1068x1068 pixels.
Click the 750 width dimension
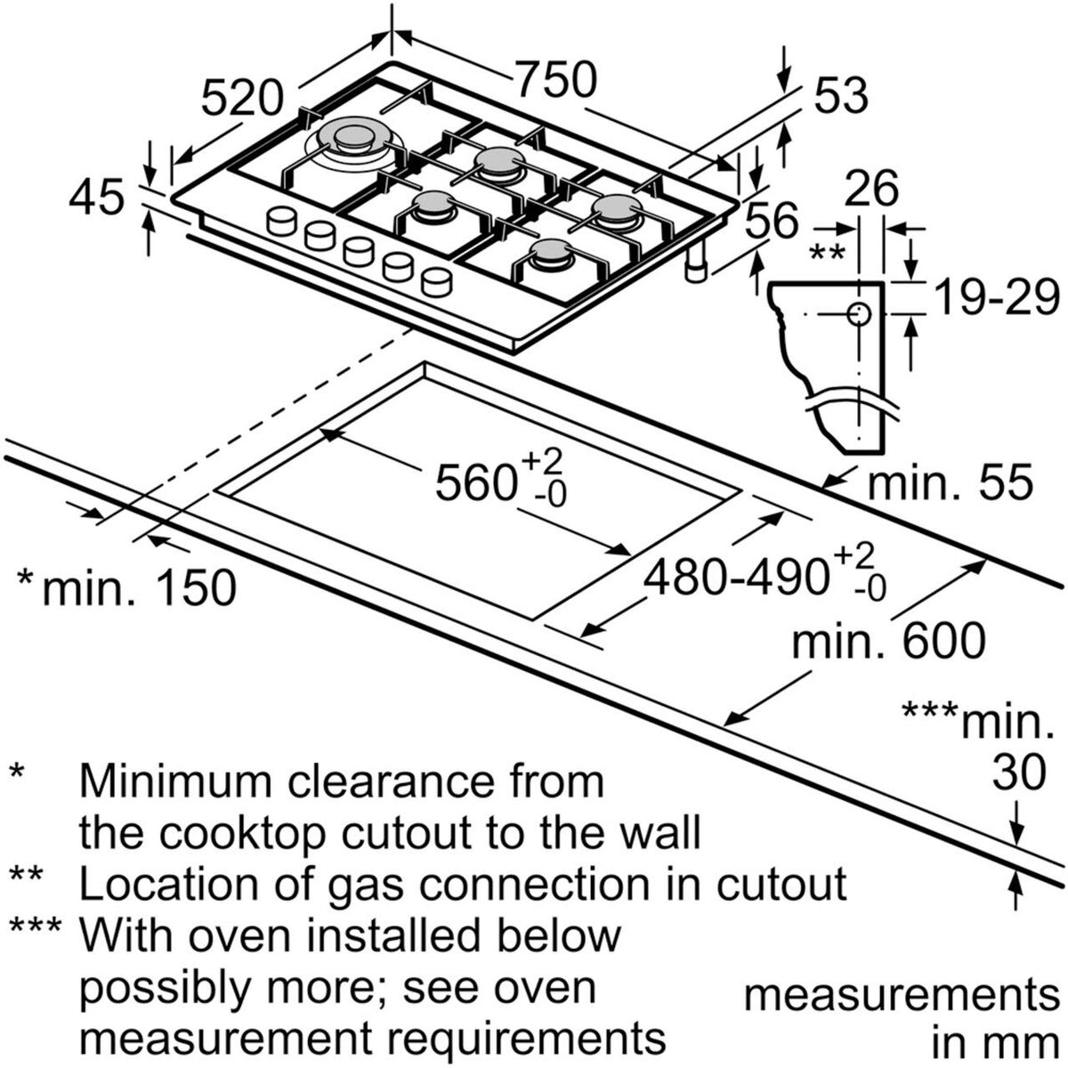pos(555,81)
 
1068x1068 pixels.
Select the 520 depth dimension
pos(242,97)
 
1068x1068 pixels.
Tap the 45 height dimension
pos(97,197)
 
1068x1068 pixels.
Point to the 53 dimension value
pos(839,95)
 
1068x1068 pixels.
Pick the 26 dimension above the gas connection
pos(871,189)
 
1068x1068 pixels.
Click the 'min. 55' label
pos(950,484)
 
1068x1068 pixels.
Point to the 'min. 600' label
pos(889,640)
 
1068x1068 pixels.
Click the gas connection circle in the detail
pos(859,314)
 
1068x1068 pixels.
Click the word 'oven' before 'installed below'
pos(267,935)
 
